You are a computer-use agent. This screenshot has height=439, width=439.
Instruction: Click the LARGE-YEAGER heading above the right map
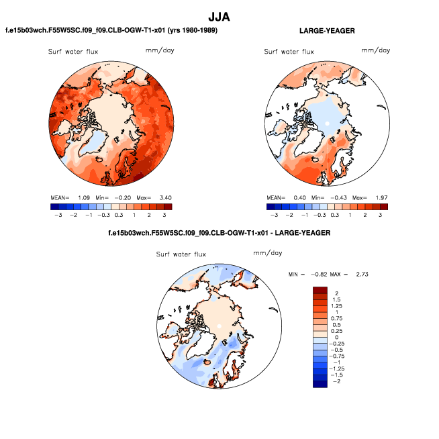tap(327, 31)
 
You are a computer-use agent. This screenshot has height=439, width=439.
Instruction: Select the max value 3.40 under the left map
tap(165, 198)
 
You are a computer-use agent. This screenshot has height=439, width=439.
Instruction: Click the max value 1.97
tap(381, 198)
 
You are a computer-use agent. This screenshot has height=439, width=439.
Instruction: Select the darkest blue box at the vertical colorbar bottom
tap(320, 383)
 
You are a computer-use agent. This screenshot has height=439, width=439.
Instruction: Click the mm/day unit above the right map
tap(375, 50)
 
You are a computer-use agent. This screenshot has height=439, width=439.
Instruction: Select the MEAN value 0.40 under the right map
tap(298, 198)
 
